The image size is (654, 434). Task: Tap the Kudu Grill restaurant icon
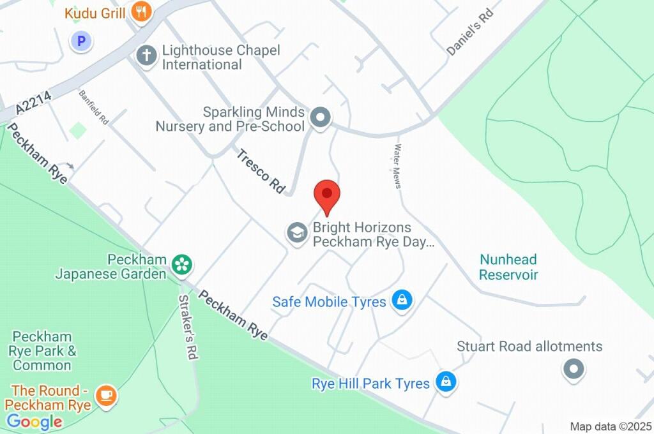(x=141, y=11)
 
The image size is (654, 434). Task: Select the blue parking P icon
(x=81, y=42)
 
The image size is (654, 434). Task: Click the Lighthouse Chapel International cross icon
(x=147, y=55)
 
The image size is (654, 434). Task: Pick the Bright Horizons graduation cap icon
(x=296, y=233)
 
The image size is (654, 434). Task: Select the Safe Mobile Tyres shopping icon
(x=402, y=300)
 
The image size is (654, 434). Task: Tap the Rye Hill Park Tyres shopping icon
(x=445, y=382)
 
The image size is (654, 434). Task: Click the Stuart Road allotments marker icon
(x=573, y=368)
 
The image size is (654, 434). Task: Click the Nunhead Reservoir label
(x=508, y=267)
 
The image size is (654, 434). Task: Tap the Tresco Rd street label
(x=261, y=171)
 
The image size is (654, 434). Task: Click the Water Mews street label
(x=397, y=166)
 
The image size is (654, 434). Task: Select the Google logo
(x=34, y=422)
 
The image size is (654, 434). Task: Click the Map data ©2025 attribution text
(x=611, y=426)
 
